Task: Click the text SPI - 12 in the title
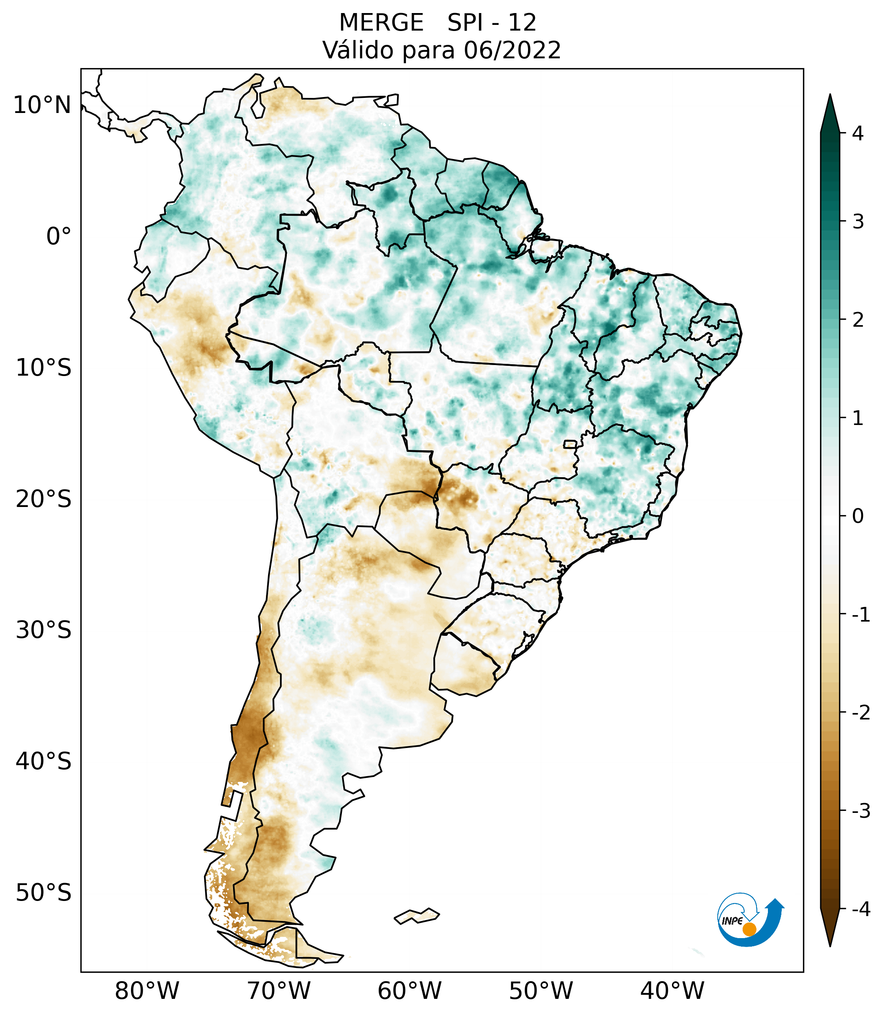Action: pyautogui.click(x=492, y=23)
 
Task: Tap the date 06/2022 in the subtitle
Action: pyautogui.click(x=512, y=50)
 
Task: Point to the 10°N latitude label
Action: pyautogui.click(x=42, y=105)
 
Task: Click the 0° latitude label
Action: pyautogui.click(x=59, y=237)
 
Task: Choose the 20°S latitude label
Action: pyautogui.click(x=44, y=499)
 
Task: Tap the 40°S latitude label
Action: pyautogui.click(x=44, y=761)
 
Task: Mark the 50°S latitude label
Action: pyautogui.click(x=44, y=893)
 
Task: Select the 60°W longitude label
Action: pyautogui.click(x=409, y=991)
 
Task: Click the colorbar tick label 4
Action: pyautogui.click(x=857, y=133)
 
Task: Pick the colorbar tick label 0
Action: pyautogui.click(x=857, y=516)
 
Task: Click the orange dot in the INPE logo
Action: pyautogui.click(x=749, y=929)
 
